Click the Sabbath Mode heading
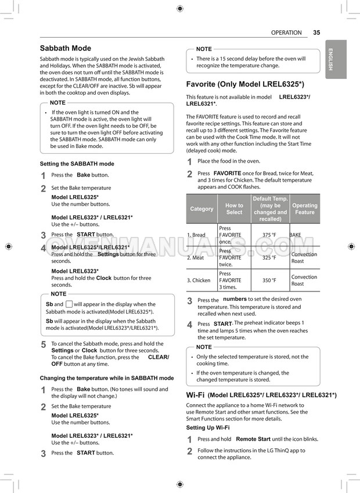point(65,48)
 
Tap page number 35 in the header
point(316,33)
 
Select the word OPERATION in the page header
point(286,33)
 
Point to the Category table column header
point(201,209)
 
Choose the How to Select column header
point(234,209)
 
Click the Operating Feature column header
point(305,209)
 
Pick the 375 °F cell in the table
point(269,235)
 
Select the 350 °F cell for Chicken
point(269,280)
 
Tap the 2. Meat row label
point(196,258)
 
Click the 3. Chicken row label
point(199,280)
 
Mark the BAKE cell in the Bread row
point(296,235)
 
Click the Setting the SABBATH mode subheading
point(77,164)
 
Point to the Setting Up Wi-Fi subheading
point(208,428)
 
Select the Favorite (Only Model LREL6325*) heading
point(245,84)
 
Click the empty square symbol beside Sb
point(69,304)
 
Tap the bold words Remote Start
point(253,440)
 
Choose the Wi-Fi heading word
point(195,395)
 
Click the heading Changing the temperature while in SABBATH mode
point(106,378)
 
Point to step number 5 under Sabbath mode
point(44,344)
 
